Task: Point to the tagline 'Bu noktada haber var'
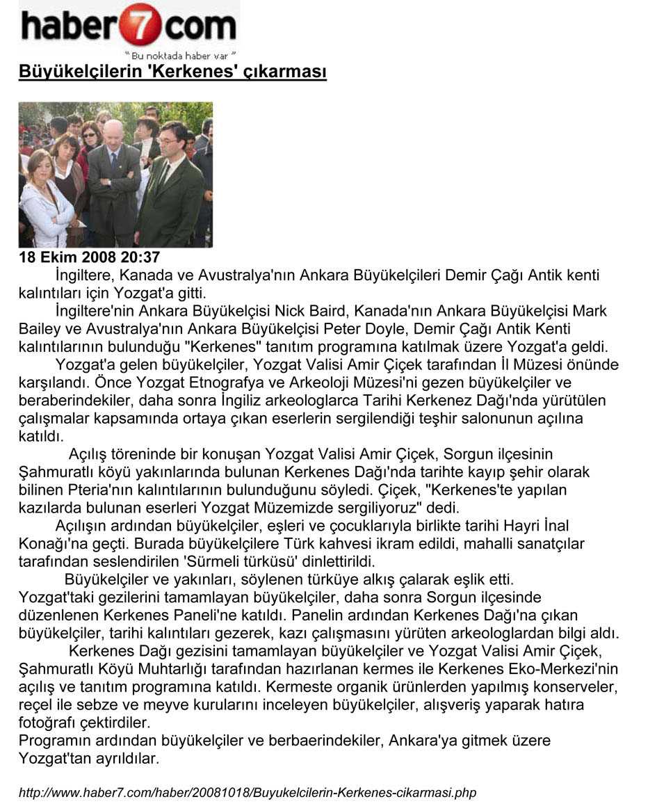coord(180,54)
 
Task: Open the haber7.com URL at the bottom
coord(248,793)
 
